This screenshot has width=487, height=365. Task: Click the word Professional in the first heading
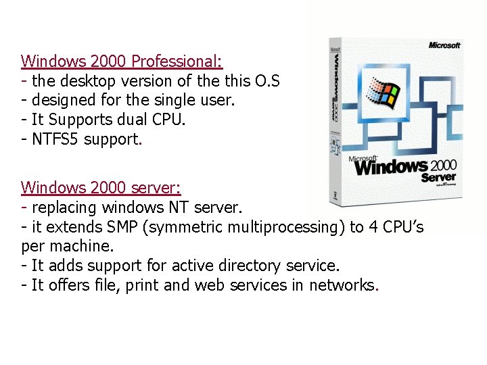coord(177,62)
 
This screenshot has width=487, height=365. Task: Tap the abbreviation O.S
coord(267,81)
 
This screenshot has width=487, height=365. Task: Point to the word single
coord(160,101)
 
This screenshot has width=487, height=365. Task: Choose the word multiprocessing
coord(287,226)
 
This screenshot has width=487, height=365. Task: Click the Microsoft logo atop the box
coord(444,45)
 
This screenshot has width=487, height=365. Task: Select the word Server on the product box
coord(438,177)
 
